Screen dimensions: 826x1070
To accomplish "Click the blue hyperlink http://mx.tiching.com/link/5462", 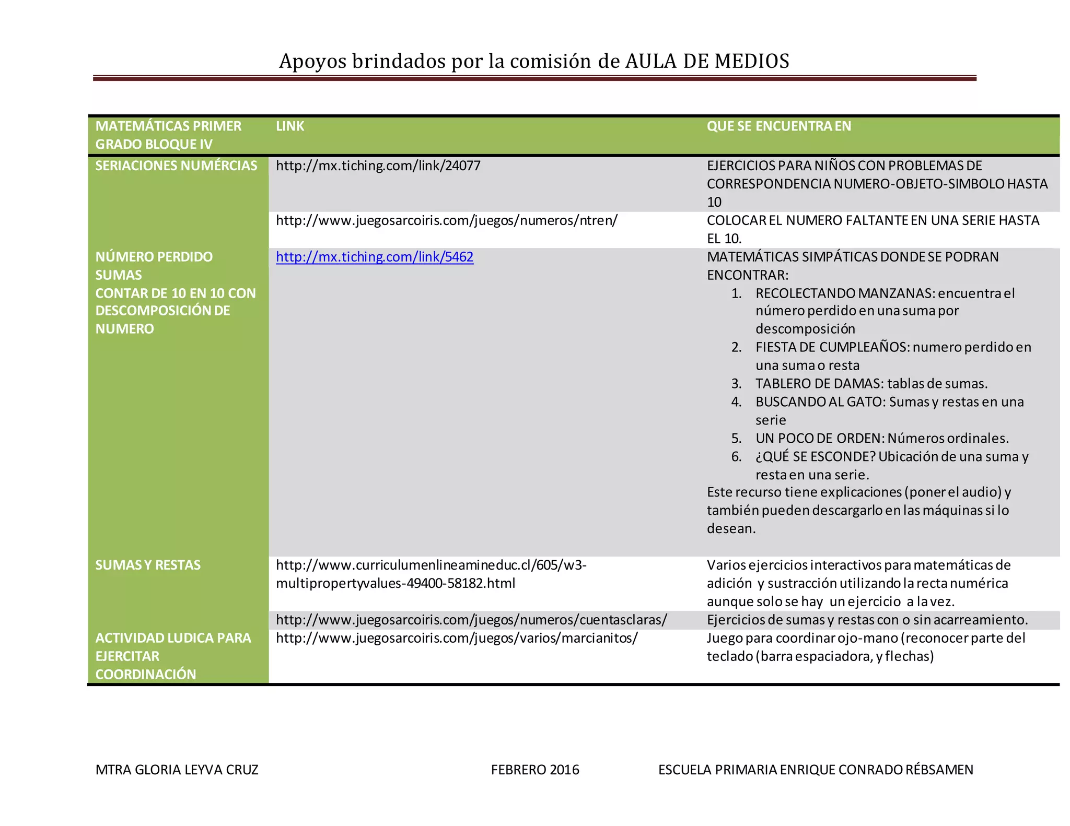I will tap(375, 257).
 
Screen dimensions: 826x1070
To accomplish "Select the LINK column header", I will tap(290, 126).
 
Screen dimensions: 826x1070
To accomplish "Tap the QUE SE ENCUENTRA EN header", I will tap(778, 126).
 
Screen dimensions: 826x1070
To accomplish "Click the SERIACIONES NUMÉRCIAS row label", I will tap(176, 166).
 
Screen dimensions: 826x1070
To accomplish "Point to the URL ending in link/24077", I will tap(378, 166).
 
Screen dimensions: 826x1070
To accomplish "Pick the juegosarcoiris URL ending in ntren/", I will tap(446, 220).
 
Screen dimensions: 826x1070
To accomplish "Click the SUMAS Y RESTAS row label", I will tap(148, 565).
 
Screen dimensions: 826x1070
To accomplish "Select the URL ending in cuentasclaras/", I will tap(471, 620).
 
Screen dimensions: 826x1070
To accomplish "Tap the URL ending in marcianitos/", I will tap(457, 638).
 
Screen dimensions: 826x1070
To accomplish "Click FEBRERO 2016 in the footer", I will tap(535, 770).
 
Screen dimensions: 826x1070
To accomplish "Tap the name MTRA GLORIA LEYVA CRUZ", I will tap(177, 770).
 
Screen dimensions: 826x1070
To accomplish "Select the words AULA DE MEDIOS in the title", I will tap(707, 61).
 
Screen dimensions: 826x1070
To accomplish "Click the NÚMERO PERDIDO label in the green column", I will tap(154, 257).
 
